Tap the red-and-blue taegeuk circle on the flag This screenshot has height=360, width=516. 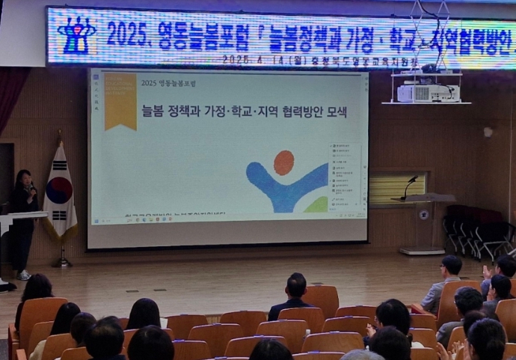(x=59, y=190)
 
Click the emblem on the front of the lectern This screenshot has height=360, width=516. (x=423, y=215)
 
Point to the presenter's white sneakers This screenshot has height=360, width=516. (x=24, y=275)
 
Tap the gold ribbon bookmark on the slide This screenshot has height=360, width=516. (x=120, y=101)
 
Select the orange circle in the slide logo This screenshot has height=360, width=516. (x=283, y=162)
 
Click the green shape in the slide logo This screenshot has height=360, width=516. (x=317, y=204)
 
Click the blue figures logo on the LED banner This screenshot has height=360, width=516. (x=76, y=35)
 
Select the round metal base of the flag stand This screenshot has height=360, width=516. (x=62, y=263)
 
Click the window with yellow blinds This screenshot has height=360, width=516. (x=397, y=188)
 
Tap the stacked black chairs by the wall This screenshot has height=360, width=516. (x=476, y=228)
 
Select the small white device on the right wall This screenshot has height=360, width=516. (x=488, y=132)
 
